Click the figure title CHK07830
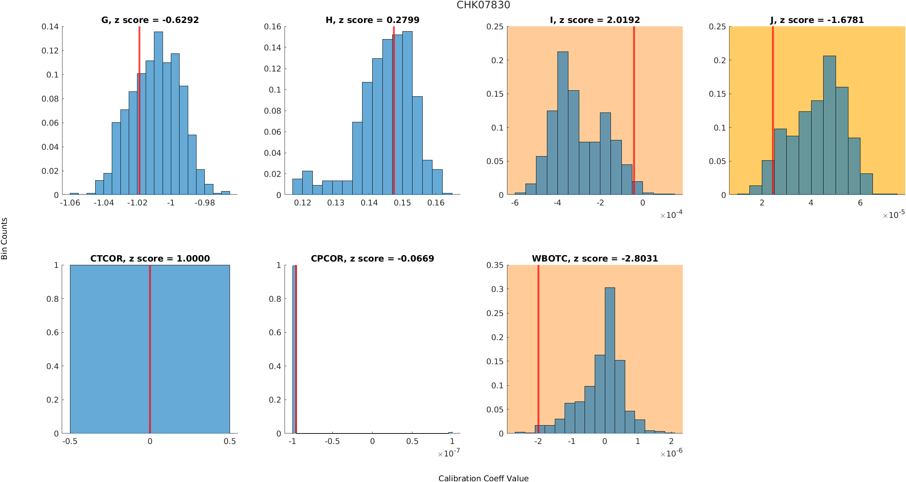coord(483,5)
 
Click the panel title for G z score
coord(150,20)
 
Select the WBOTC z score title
coord(595,258)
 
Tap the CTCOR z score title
coord(150,258)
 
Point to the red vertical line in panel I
coord(634,113)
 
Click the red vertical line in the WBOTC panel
coord(538,339)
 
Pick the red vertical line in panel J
coord(773,113)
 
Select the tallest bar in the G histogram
coord(158,113)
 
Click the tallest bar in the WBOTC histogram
coord(610,357)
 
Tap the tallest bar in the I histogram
coord(563,124)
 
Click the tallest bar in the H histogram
coord(407,113)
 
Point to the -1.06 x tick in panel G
coord(70,203)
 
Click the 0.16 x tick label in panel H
coord(436,203)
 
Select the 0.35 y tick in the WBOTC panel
coord(495,265)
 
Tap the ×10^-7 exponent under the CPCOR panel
coord(449,453)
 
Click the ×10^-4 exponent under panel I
coord(671,215)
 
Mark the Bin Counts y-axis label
coord(5,239)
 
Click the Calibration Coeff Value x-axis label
coord(483,478)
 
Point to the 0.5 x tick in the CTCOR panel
coord(230,441)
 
